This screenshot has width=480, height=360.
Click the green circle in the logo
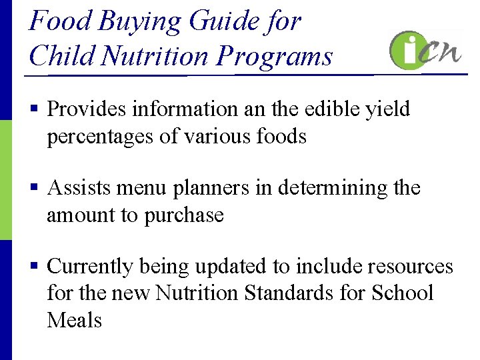(409, 51)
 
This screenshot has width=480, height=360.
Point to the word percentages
(105, 137)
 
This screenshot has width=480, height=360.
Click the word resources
(408, 267)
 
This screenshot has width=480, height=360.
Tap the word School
(403, 293)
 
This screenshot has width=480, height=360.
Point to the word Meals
(75, 320)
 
